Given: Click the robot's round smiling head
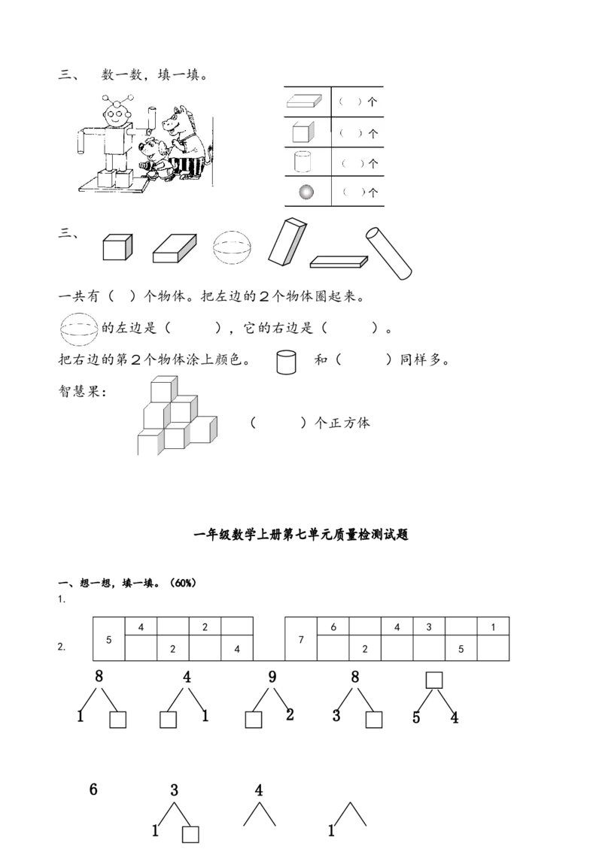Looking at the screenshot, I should tap(115, 117).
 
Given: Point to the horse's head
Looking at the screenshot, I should tap(182, 120).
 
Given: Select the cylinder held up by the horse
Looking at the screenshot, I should tap(152, 118).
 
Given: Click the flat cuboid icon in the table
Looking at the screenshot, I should tap(304, 101).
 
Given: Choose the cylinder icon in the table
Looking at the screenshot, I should tap(303, 162).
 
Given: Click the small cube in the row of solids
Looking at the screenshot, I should tap(117, 249).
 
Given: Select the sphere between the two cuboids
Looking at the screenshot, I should tap(231, 249).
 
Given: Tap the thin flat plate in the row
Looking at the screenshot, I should tap(339, 262).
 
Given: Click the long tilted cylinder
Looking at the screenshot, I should tap(389, 254).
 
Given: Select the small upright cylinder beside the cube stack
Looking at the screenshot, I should tap(286, 362).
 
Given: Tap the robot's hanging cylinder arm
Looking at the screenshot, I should tap(81, 141).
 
